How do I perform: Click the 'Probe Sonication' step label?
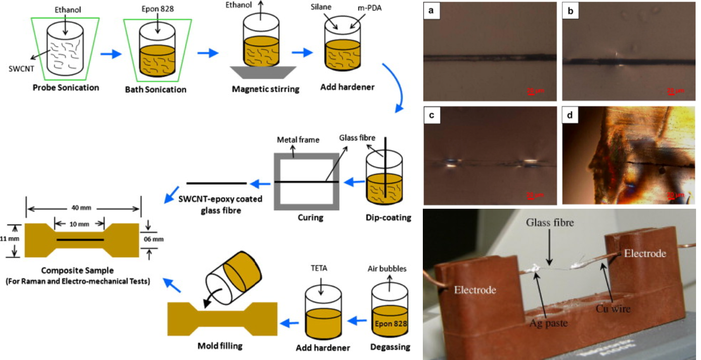66,88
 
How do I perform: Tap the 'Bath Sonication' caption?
156,89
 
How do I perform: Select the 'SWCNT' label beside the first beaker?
21,69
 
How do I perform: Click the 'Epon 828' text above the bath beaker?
157,9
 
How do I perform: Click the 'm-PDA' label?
369,8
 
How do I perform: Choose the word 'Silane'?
321,7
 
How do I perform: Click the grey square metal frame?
307,157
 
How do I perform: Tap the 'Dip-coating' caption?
388,217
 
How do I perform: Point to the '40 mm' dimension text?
81,207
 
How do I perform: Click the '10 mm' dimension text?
79,224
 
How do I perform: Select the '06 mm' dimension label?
153,239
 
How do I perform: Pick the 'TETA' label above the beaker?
319,268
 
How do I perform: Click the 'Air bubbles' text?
387,269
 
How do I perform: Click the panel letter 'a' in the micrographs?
431,10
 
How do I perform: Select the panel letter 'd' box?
570,115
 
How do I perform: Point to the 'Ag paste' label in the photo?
548,323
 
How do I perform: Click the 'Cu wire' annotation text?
613,308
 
